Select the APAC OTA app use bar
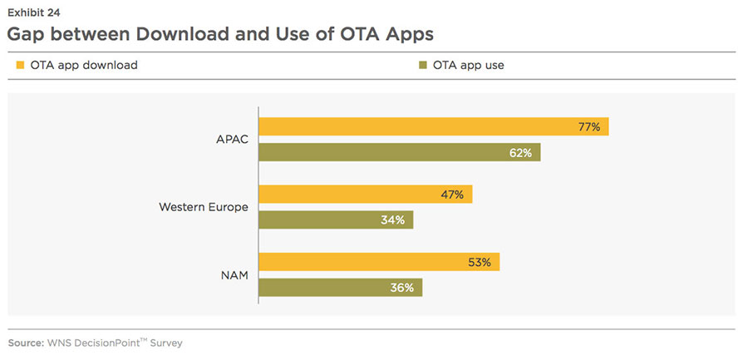[399, 152]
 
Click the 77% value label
[589, 126]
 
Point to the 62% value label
[522, 152]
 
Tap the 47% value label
[453, 195]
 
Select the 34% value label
[393, 219]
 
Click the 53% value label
[480, 262]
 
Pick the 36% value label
[403, 287]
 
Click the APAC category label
[231, 139]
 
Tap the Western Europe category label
[204, 206]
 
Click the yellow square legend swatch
[20, 65]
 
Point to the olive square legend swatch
[424, 65]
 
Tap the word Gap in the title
[28, 34]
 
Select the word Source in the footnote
[27, 343]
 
